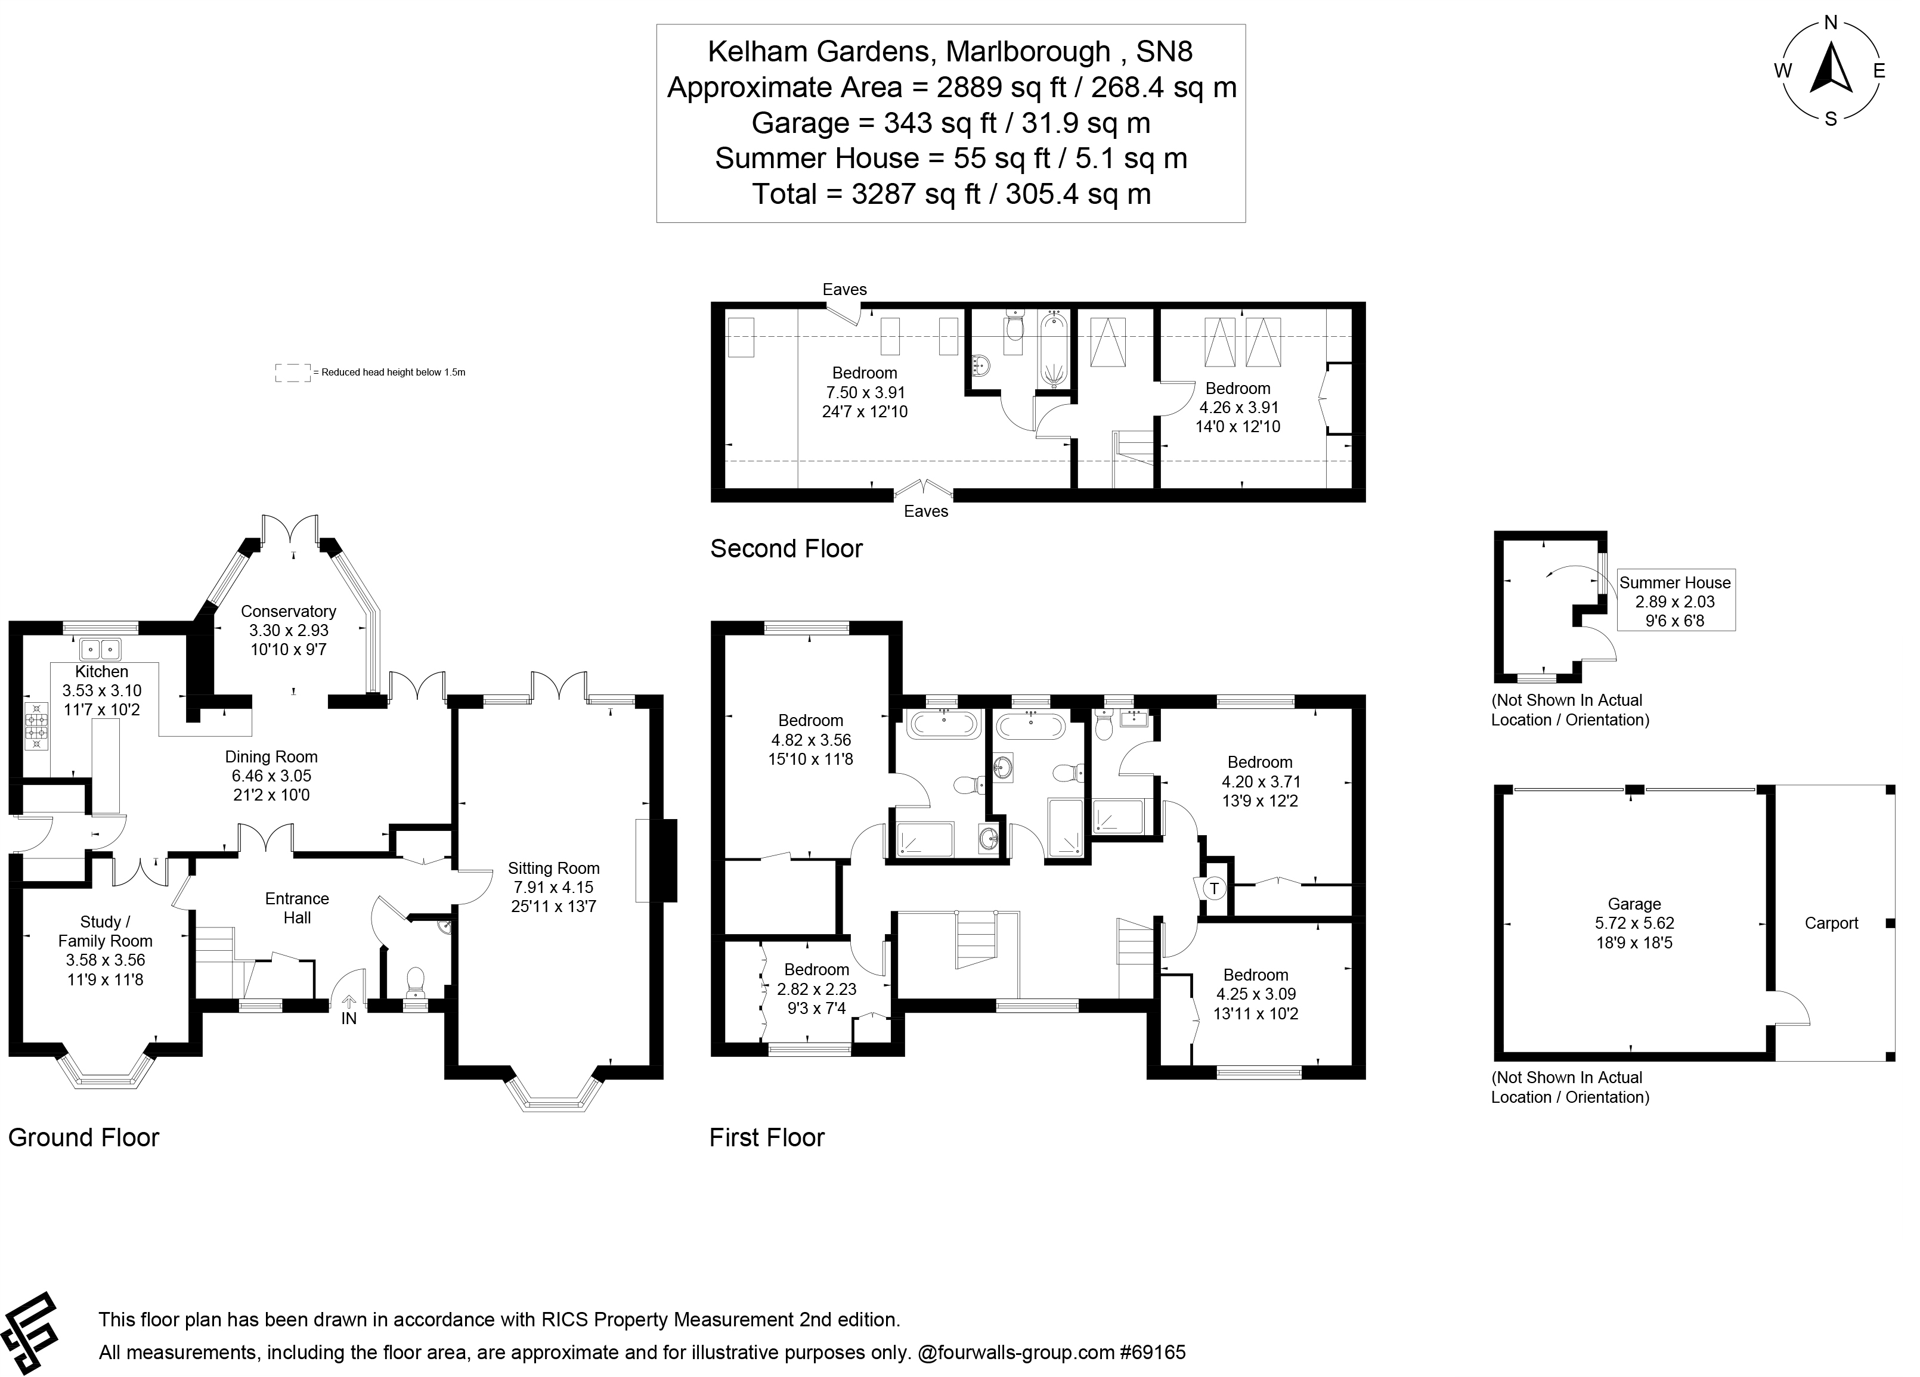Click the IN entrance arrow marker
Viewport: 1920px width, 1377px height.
point(349,1006)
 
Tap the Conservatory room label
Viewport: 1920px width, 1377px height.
point(288,611)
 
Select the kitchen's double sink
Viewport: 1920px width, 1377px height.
point(101,650)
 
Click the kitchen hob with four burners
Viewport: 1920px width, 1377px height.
point(36,726)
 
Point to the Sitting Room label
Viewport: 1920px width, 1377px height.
point(554,869)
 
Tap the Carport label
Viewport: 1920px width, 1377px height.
point(1831,923)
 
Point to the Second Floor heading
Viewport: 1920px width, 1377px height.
point(786,548)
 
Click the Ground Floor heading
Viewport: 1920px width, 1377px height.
point(84,1137)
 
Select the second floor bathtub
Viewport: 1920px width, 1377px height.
point(1053,348)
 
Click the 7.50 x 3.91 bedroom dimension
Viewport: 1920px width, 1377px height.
point(865,393)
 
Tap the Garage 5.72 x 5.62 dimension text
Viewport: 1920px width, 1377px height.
point(1634,923)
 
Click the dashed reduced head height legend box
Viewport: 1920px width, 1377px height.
point(293,373)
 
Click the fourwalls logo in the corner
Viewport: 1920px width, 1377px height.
point(30,1334)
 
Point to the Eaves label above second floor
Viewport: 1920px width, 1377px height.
point(844,290)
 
